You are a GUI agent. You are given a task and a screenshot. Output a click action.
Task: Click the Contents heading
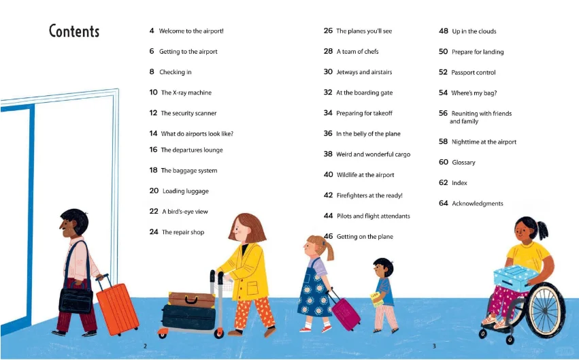click(74, 31)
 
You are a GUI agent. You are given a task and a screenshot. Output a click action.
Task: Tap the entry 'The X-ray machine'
click(186, 93)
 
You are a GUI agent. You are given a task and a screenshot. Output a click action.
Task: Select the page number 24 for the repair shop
click(154, 232)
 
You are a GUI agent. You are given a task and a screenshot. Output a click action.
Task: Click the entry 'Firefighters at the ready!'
click(369, 195)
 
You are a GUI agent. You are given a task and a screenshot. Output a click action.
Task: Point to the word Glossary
click(463, 163)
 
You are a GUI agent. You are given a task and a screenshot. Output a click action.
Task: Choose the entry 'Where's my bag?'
click(474, 93)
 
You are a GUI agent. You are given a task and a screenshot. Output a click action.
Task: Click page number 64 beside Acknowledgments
click(443, 203)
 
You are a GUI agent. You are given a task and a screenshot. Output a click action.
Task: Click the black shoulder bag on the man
click(76, 299)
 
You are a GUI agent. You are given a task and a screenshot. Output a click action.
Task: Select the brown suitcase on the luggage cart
click(191, 299)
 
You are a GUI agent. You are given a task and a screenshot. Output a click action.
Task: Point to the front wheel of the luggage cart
click(218, 333)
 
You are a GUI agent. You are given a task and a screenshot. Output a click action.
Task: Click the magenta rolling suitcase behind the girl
click(345, 313)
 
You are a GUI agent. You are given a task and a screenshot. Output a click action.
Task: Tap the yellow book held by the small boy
click(377, 299)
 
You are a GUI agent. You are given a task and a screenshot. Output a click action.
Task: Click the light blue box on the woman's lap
click(516, 278)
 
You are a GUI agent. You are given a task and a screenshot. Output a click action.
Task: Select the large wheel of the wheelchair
click(546, 310)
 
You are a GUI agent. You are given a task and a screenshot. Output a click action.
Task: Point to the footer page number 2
click(145, 346)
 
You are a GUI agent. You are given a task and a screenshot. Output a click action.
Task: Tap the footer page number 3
click(434, 346)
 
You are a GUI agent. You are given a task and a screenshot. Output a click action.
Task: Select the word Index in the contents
click(459, 183)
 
